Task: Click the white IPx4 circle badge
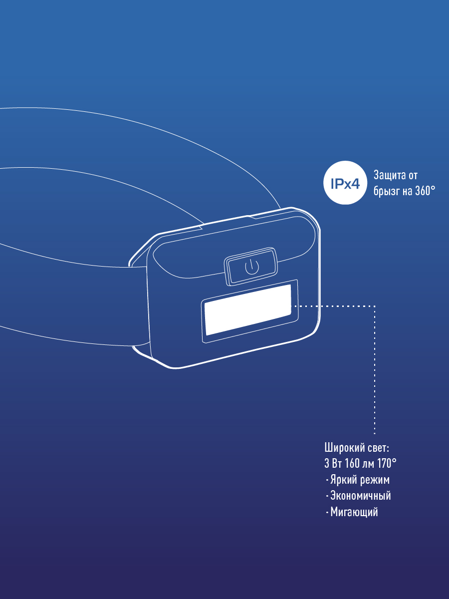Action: (345, 183)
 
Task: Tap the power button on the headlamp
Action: (251, 267)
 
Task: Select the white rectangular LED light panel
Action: (247, 310)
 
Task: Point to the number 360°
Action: (425, 191)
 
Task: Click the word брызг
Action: (385, 191)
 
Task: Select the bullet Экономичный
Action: (360, 496)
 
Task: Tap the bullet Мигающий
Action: (354, 512)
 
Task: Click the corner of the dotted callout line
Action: (375, 305)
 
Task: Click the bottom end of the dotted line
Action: (375, 433)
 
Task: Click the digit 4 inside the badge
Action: (354, 184)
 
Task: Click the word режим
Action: (374, 480)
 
